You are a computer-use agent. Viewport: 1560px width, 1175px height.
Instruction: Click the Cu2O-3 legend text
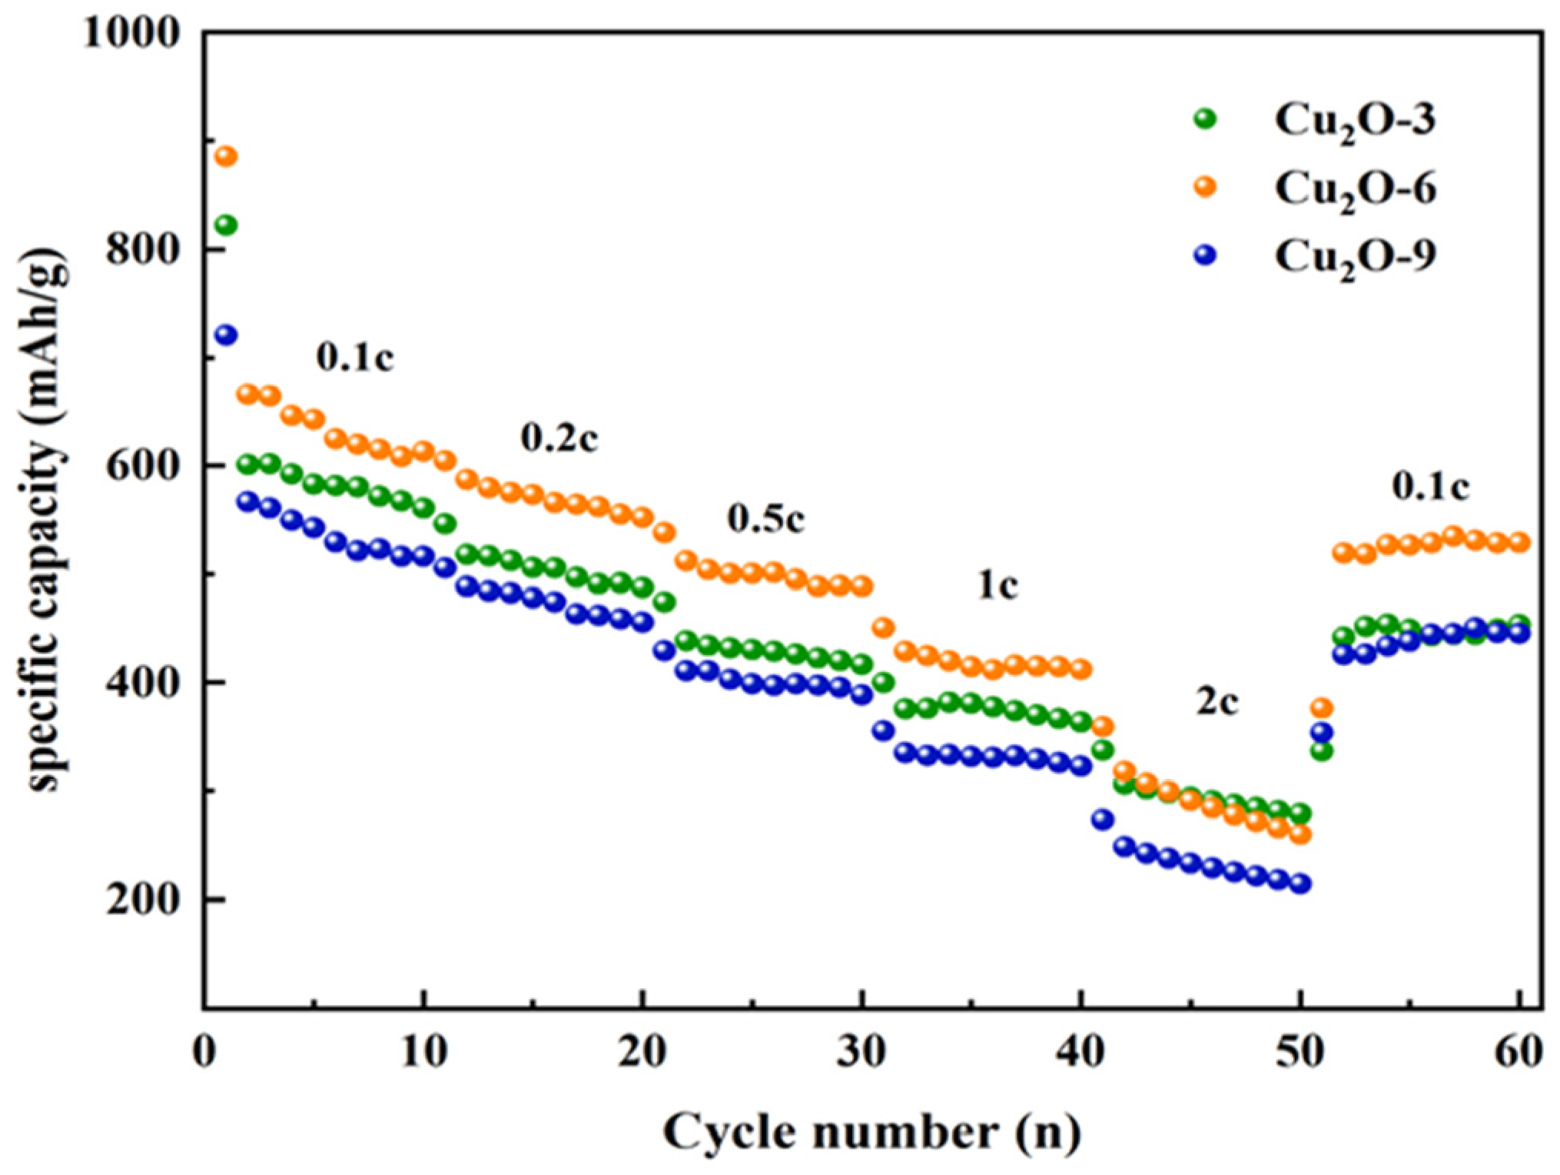[x=1354, y=121]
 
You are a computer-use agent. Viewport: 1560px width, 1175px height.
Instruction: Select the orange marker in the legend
[x=1206, y=186]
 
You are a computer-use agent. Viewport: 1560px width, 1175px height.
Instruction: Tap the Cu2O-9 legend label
[x=1354, y=257]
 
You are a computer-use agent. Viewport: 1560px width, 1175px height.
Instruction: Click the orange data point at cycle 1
[x=226, y=157]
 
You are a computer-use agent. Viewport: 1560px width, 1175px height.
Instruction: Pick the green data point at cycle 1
[x=226, y=225]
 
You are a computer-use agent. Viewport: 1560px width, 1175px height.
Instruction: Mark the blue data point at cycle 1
[x=226, y=335]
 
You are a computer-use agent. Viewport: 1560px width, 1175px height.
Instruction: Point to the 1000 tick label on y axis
[x=131, y=34]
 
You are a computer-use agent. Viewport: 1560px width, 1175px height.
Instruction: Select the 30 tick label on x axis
[x=861, y=1052]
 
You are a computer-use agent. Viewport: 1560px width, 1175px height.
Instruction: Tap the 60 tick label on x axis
[x=1519, y=1052]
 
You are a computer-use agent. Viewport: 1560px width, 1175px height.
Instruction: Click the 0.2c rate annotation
[x=559, y=438]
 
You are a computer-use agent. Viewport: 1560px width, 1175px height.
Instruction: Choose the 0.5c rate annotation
[x=766, y=519]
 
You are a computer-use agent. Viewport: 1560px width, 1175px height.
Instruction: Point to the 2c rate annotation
[x=1216, y=701]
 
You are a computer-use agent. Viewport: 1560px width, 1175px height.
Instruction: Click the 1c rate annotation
[x=997, y=586]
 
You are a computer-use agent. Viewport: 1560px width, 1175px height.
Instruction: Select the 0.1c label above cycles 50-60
[x=1430, y=486]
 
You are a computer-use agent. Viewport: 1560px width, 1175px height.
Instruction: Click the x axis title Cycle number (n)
[x=871, y=1132]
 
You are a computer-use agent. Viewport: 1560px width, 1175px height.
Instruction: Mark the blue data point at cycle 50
[x=1300, y=884]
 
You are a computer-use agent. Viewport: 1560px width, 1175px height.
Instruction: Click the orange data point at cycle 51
[x=1322, y=707]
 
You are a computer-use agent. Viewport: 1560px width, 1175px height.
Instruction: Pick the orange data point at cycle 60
[x=1519, y=542]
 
